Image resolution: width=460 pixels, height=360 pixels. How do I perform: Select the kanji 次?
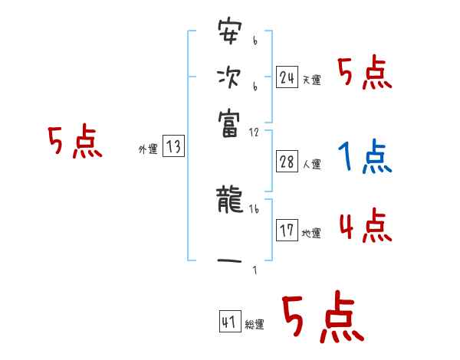click(229, 77)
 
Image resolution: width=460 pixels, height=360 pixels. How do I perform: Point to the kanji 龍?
click(229, 201)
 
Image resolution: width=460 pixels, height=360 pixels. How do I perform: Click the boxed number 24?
click(287, 77)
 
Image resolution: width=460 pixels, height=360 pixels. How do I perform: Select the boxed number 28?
click(287, 162)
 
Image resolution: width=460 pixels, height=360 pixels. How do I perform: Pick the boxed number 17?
click(287, 231)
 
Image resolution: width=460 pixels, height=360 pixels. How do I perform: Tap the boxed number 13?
click(173, 148)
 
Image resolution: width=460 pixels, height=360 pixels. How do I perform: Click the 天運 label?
click(310, 80)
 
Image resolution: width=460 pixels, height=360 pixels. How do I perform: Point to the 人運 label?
click(311, 164)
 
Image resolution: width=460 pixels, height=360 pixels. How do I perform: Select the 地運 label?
click(311, 233)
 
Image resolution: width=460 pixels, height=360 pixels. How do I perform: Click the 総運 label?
click(254, 325)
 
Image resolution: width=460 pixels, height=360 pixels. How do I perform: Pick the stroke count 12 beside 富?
click(255, 132)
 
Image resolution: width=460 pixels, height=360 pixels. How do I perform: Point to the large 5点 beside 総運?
click(321, 317)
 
